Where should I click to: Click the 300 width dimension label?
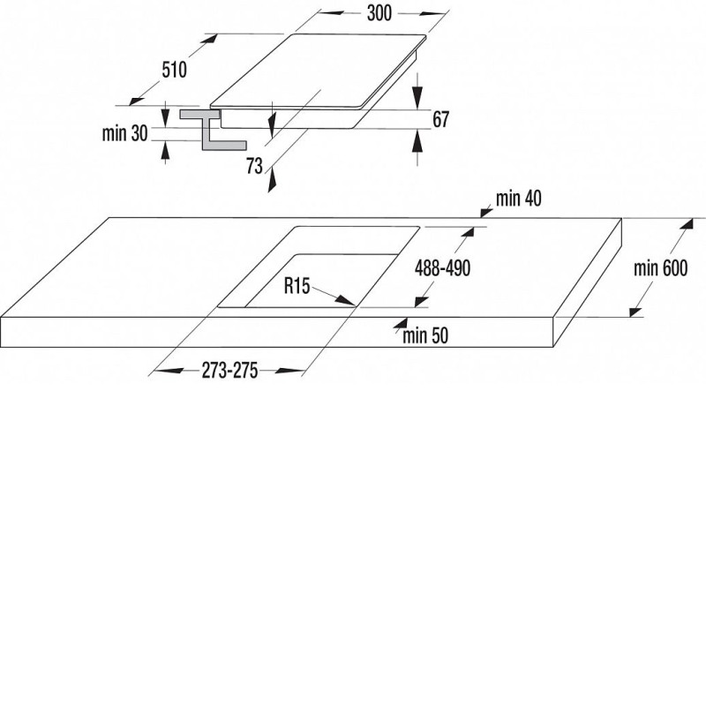point(379,13)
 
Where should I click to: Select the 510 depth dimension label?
point(174,70)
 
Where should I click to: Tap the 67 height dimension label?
point(440,119)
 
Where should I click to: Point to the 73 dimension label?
point(254,166)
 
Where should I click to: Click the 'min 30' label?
point(124,133)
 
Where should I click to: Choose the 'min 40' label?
point(519,198)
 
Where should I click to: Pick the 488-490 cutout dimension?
point(443,268)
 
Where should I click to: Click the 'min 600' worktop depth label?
point(660,268)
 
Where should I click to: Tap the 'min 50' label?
point(425,335)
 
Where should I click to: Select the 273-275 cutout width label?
point(229,371)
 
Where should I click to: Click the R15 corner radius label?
point(297,285)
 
